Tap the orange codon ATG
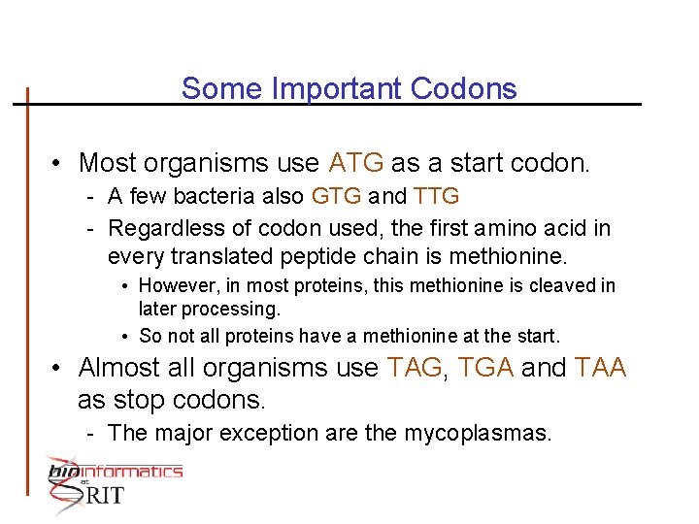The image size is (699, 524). (356, 161)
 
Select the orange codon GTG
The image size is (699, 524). (337, 197)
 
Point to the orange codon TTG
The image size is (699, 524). (436, 197)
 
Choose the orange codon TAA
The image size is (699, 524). (601, 369)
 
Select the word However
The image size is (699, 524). (176, 286)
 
